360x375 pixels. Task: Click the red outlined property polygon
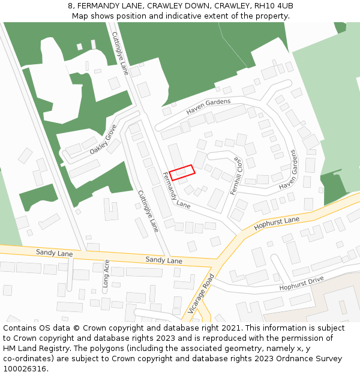(x=182, y=172)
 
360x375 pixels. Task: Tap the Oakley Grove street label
(x=103, y=140)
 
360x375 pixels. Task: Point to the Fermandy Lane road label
(x=176, y=190)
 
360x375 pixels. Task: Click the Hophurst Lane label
(x=277, y=224)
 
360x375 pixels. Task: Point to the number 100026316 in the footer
(x=25, y=368)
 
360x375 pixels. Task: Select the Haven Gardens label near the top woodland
(x=208, y=106)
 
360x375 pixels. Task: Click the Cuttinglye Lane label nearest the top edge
(x=120, y=53)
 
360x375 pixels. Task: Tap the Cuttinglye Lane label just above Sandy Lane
(x=148, y=211)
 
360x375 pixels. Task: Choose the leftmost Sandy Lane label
(x=54, y=254)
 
